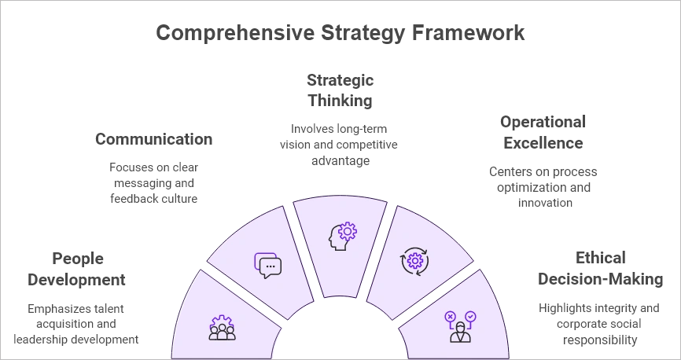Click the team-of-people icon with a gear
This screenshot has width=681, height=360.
pyautogui.click(x=222, y=328)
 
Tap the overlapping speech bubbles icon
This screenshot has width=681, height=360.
pyautogui.click(x=267, y=266)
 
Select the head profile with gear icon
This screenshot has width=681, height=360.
pyautogui.click(x=342, y=236)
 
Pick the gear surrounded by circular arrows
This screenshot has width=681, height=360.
pyautogui.click(x=414, y=261)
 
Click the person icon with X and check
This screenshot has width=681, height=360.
pyautogui.click(x=460, y=327)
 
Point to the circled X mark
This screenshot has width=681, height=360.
pyautogui.click(x=450, y=317)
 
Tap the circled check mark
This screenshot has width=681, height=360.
pyautogui.click(x=470, y=317)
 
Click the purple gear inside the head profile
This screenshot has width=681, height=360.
pyautogui.click(x=347, y=231)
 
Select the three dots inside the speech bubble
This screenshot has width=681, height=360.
pyautogui.click(x=271, y=267)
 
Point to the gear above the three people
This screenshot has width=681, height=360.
pyautogui.click(x=222, y=321)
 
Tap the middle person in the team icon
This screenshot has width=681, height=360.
pyautogui.click(x=222, y=332)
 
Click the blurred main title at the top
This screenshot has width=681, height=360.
pyautogui.click(x=340, y=32)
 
